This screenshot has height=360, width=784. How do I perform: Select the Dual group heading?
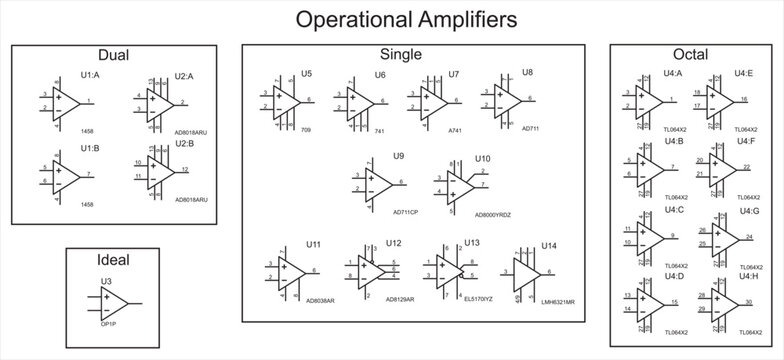pyautogui.click(x=114, y=56)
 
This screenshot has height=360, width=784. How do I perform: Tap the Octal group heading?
pyautogui.click(x=689, y=56)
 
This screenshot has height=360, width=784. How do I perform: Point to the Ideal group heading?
pyautogui.click(x=114, y=259)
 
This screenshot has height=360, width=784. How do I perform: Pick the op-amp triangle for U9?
pyautogui.click(x=380, y=183)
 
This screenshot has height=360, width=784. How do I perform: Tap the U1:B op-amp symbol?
pyautogui.click(x=68, y=175)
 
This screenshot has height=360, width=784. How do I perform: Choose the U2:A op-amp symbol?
pyautogui.click(x=159, y=101)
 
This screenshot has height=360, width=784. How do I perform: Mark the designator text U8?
pyautogui.click(x=527, y=73)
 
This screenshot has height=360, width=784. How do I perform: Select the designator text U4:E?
pyautogui.click(x=744, y=73)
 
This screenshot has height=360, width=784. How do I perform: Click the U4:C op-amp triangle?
pyautogui.click(x=651, y=236)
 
